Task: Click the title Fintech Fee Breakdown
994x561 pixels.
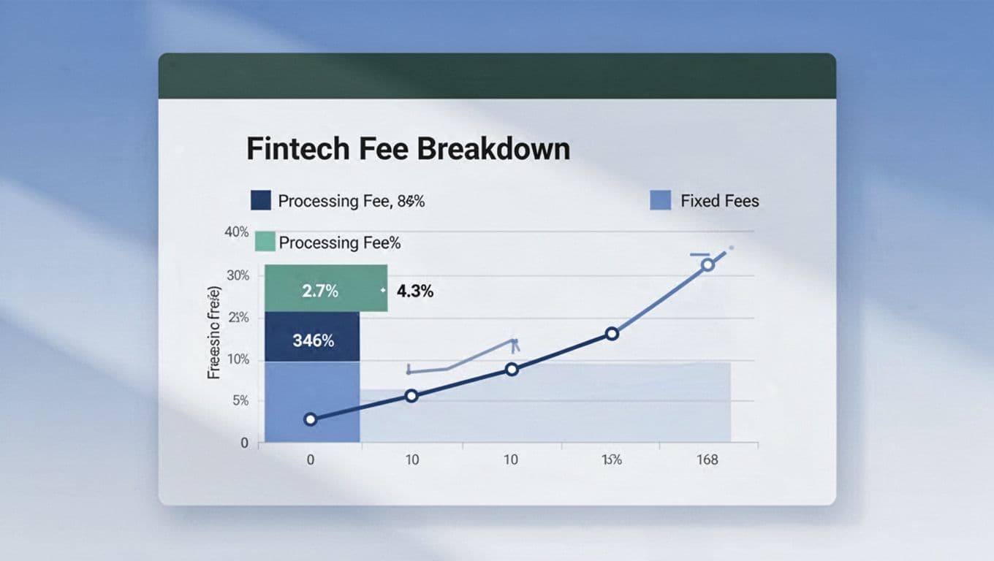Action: pyautogui.click(x=408, y=149)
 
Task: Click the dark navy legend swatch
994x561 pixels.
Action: pyautogui.click(x=261, y=200)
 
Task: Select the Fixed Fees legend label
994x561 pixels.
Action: pyautogui.click(x=720, y=201)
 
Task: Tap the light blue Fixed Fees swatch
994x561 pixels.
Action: pyautogui.click(x=660, y=200)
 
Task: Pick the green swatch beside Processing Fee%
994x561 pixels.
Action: pyautogui.click(x=264, y=242)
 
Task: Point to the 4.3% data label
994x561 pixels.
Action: pyautogui.click(x=415, y=291)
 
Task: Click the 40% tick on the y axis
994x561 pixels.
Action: pyautogui.click(x=237, y=232)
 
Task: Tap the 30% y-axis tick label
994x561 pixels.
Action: pyautogui.click(x=238, y=275)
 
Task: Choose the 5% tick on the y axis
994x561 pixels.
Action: pyautogui.click(x=240, y=401)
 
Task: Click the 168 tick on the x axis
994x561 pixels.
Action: pyautogui.click(x=707, y=459)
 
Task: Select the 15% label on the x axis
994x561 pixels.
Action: pyautogui.click(x=611, y=459)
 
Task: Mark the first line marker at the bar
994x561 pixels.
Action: pyautogui.click(x=311, y=419)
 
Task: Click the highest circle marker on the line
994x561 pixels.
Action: pyautogui.click(x=707, y=264)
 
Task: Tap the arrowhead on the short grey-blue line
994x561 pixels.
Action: pyautogui.click(x=514, y=341)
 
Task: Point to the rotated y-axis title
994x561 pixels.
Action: pyautogui.click(x=214, y=332)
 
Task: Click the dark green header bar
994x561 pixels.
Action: pyautogui.click(x=497, y=76)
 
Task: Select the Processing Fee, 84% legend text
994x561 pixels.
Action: pyautogui.click(x=351, y=201)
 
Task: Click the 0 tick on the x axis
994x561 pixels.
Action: pyautogui.click(x=311, y=459)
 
